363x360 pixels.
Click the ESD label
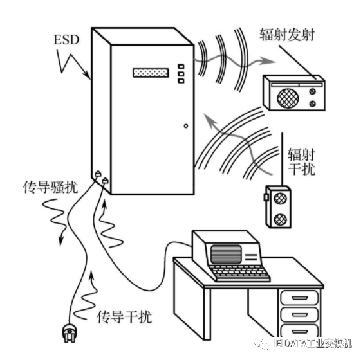pyautogui.click(x=66, y=40)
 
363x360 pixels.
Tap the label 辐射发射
pyautogui.click(x=287, y=35)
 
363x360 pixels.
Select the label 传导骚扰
pyautogui.click(x=50, y=187)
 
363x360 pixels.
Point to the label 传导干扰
pyautogui.click(x=124, y=316)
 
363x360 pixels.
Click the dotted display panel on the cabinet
pyautogui.click(x=151, y=73)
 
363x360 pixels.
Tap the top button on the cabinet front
pyautogui.click(x=181, y=67)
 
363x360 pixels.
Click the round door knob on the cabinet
pyautogui.click(x=186, y=126)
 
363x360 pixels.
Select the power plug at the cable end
pyautogui.click(x=70, y=334)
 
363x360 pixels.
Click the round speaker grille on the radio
pyautogui.click(x=288, y=98)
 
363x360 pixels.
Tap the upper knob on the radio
pyautogui.click(x=312, y=91)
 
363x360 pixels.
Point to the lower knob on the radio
pyautogui.click(x=312, y=104)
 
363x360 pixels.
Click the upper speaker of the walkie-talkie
pyautogui.click(x=280, y=199)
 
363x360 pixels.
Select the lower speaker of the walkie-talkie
pyautogui.click(x=280, y=220)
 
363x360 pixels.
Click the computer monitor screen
pyautogui.click(x=226, y=254)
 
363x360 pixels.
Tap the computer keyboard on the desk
pyautogui.click(x=239, y=273)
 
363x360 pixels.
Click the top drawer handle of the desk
pyautogui.click(x=299, y=298)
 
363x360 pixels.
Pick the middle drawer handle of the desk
pyautogui.click(x=299, y=315)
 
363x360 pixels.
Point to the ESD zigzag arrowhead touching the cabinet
pyautogui.click(x=88, y=76)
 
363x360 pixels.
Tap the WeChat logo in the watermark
pyautogui.click(x=262, y=343)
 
